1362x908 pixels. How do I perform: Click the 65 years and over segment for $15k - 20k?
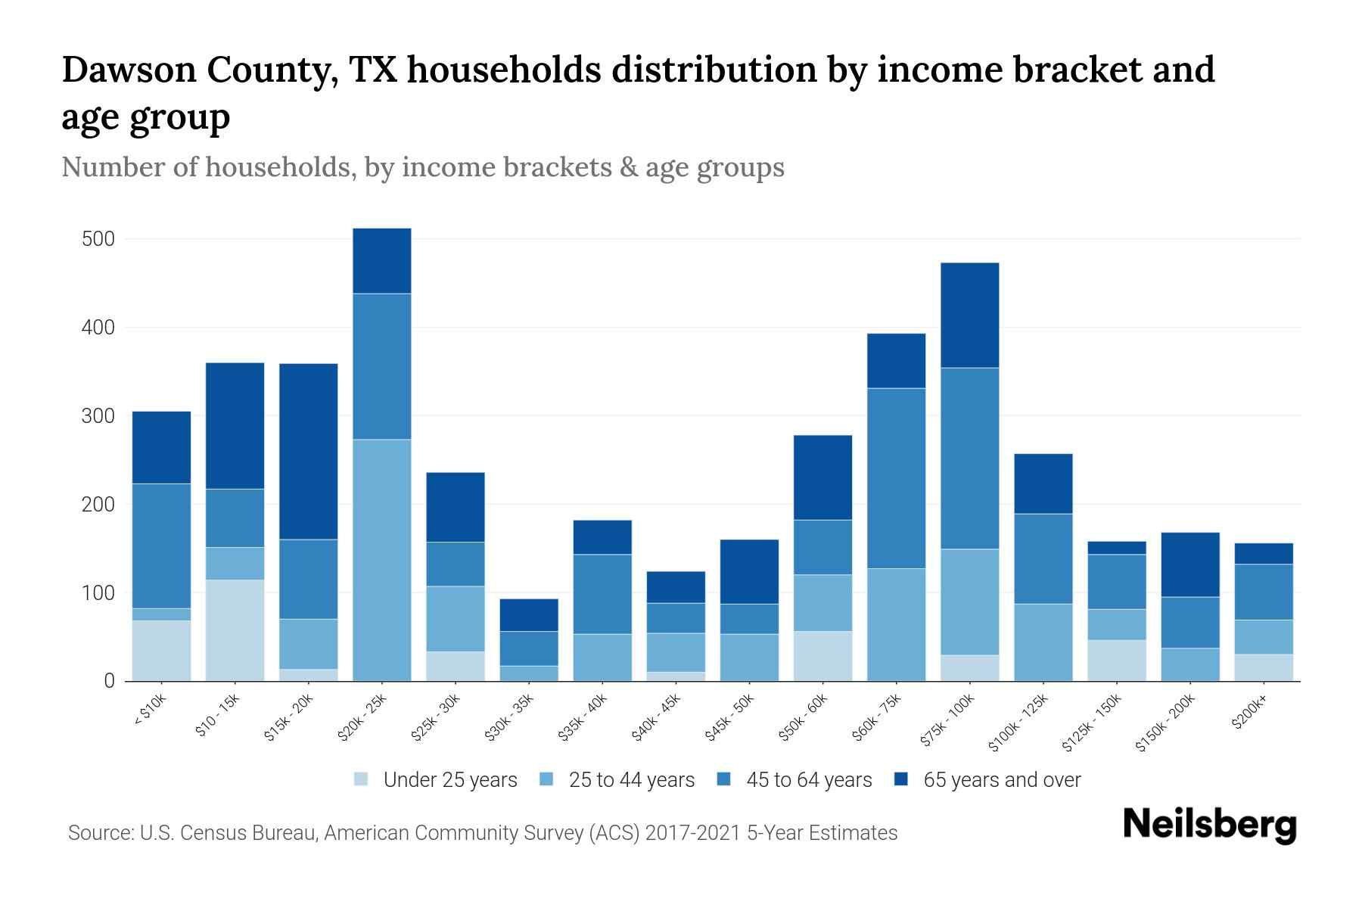(309, 451)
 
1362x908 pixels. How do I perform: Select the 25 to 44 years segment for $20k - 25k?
(382, 560)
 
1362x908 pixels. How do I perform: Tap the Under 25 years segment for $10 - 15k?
(235, 630)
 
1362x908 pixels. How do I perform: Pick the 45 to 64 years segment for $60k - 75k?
(896, 478)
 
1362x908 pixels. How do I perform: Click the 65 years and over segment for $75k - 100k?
(969, 315)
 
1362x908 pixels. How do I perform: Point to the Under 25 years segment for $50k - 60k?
(822, 655)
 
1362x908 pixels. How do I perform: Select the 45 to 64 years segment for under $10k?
(162, 545)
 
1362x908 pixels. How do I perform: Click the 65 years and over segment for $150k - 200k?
(1189, 564)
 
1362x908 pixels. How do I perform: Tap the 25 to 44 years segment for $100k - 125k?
(1043, 642)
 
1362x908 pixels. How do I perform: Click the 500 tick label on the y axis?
(98, 239)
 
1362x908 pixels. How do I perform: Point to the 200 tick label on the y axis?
(98, 505)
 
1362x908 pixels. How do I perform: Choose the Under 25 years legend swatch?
(362, 779)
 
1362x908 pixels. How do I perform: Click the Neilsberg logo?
(1209, 825)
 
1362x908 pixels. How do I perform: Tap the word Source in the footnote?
(99, 833)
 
